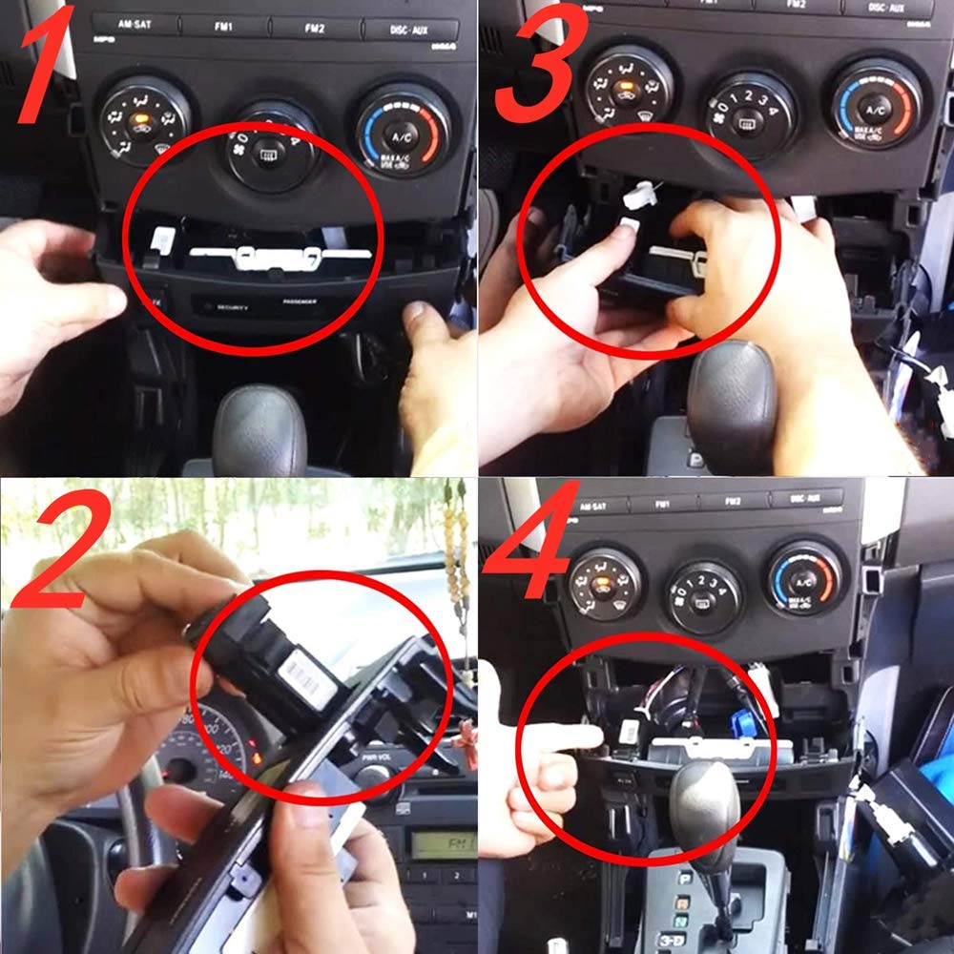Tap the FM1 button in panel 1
tap(225, 26)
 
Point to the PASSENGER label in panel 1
tap(299, 305)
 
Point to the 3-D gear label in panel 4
tap(672, 940)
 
